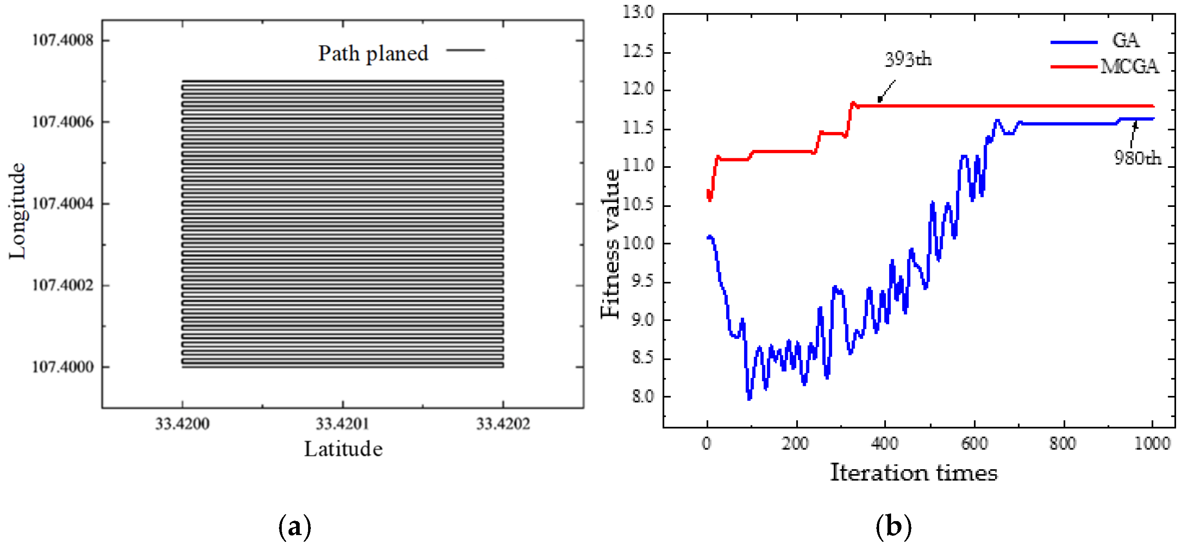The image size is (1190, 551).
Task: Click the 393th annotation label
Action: pyautogui.click(x=907, y=59)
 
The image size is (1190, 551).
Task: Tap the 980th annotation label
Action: pyautogui.click(x=1137, y=158)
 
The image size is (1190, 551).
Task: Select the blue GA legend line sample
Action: pyautogui.click(x=1074, y=42)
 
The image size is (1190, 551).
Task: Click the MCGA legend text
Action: pyautogui.click(x=1129, y=67)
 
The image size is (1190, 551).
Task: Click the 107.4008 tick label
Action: pyautogui.click(x=62, y=40)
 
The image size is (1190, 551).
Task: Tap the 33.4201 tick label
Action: pyautogui.click(x=342, y=423)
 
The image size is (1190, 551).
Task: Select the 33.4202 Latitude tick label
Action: pyautogui.click(x=503, y=423)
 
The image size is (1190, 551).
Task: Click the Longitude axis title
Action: pyautogui.click(x=18, y=211)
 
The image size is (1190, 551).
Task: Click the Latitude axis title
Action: pyautogui.click(x=343, y=449)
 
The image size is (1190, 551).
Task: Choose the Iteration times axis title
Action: pyautogui.click(x=913, y=473)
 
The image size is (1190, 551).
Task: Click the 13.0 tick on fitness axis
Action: pyautogui.click(x=638, y=12)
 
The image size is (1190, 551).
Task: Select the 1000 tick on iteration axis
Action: pyautogui.click(x=1152, y=444)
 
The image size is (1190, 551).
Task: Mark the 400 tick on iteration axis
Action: pyautogui.click(x=884, y=444)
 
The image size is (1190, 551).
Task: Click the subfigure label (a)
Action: pyautogui.click(x=295, y=527)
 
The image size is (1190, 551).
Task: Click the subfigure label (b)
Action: pyautogui.click(x=893, y=527)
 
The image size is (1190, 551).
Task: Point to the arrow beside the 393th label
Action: pyautogui.click(x=886, y=91)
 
